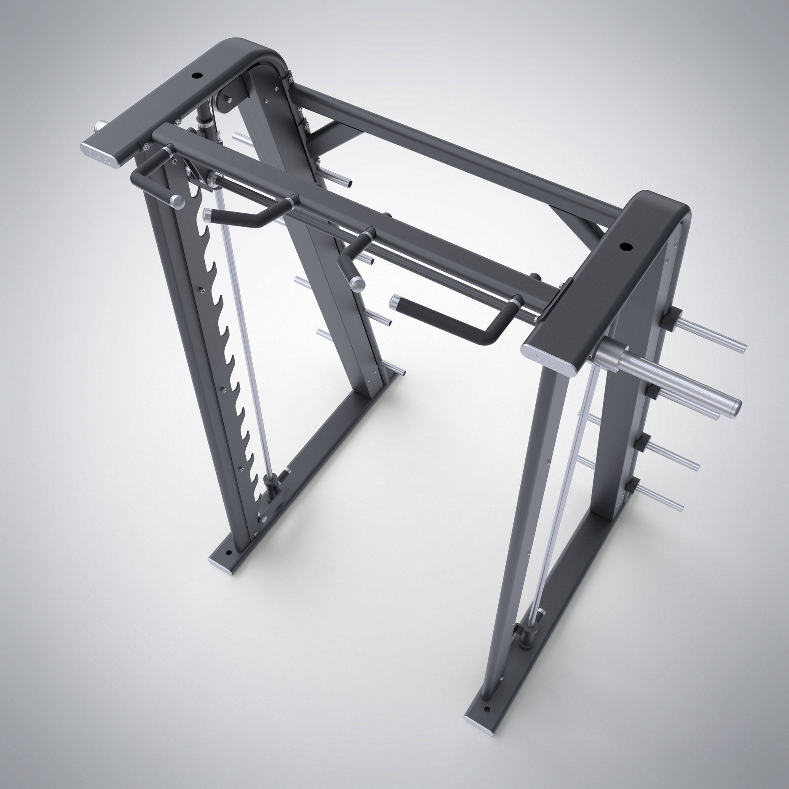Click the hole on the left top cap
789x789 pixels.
[x=198, y=76]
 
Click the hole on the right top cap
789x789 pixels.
[x=625, y=247]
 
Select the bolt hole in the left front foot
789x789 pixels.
[x=228, y=553]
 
